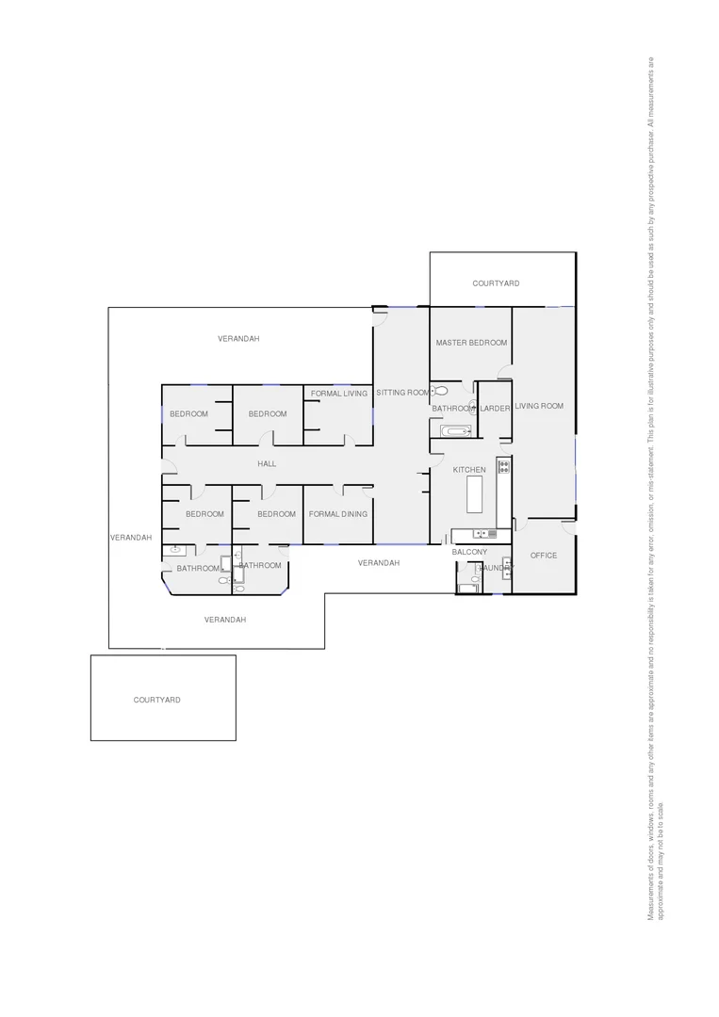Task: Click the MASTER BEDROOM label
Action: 471,344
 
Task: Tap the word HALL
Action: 267,464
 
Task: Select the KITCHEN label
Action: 469,470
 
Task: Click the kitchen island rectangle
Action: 474,494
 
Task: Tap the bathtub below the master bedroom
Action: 455,431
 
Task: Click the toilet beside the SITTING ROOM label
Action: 441,391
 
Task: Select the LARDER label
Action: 495,409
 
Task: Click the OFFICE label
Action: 544,556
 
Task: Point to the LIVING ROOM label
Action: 539,406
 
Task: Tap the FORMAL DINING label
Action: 338,514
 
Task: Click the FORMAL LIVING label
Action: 339,394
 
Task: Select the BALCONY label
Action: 469,552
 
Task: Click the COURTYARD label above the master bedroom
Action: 496,283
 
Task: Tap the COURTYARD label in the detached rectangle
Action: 157,701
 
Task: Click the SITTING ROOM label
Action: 402,393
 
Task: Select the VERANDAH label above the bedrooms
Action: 238,339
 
